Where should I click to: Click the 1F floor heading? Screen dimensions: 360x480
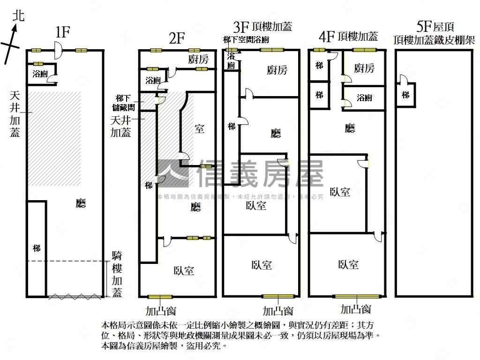(62, 32)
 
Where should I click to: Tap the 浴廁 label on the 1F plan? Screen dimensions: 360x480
(40, 74)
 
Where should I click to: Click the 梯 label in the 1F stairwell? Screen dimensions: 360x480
(37, 248)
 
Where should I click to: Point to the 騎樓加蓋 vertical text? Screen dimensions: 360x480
(117, 274)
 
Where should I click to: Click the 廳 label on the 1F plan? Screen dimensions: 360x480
(81, 203)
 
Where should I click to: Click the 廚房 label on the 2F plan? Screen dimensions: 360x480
(198, 60)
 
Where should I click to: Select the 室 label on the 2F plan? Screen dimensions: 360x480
(200, 128)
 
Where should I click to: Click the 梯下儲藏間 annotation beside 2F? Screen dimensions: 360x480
(126, 103)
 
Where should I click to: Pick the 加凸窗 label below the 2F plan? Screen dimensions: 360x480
(160, 311)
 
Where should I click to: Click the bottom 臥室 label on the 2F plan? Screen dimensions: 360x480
(184, 270)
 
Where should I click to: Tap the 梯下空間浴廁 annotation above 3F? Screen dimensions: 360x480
(246, 40)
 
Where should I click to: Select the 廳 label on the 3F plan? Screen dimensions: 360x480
(276, 134)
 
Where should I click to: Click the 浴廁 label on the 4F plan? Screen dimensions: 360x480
(364, 98)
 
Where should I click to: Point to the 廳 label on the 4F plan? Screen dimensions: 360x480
(350, 128)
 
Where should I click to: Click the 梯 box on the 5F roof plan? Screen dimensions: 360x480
(405, 95)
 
